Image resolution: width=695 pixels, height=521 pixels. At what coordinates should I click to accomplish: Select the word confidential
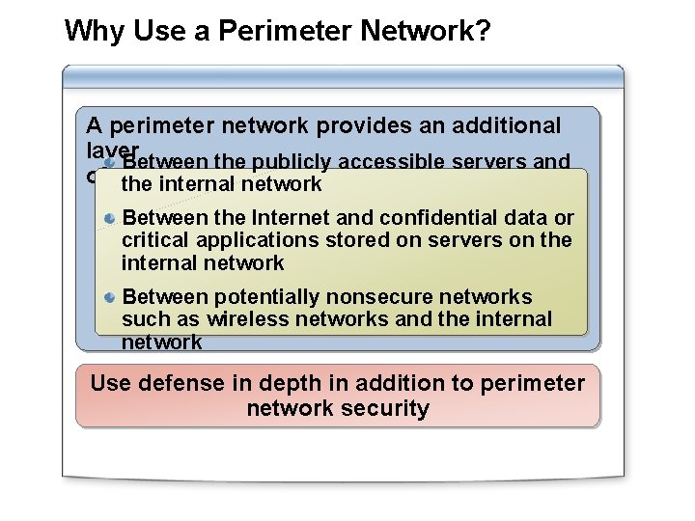coord(443,218)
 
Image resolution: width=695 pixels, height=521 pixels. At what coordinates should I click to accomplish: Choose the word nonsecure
coord(377,296)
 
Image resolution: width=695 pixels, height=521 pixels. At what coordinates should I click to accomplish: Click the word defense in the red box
coord(179,383)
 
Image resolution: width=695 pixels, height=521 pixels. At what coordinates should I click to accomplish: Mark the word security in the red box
coord(387,408)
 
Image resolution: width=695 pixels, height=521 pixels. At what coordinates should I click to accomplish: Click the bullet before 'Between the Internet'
coord(111,219)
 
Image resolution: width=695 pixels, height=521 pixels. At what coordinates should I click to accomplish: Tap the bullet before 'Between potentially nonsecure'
coord(111,297)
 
